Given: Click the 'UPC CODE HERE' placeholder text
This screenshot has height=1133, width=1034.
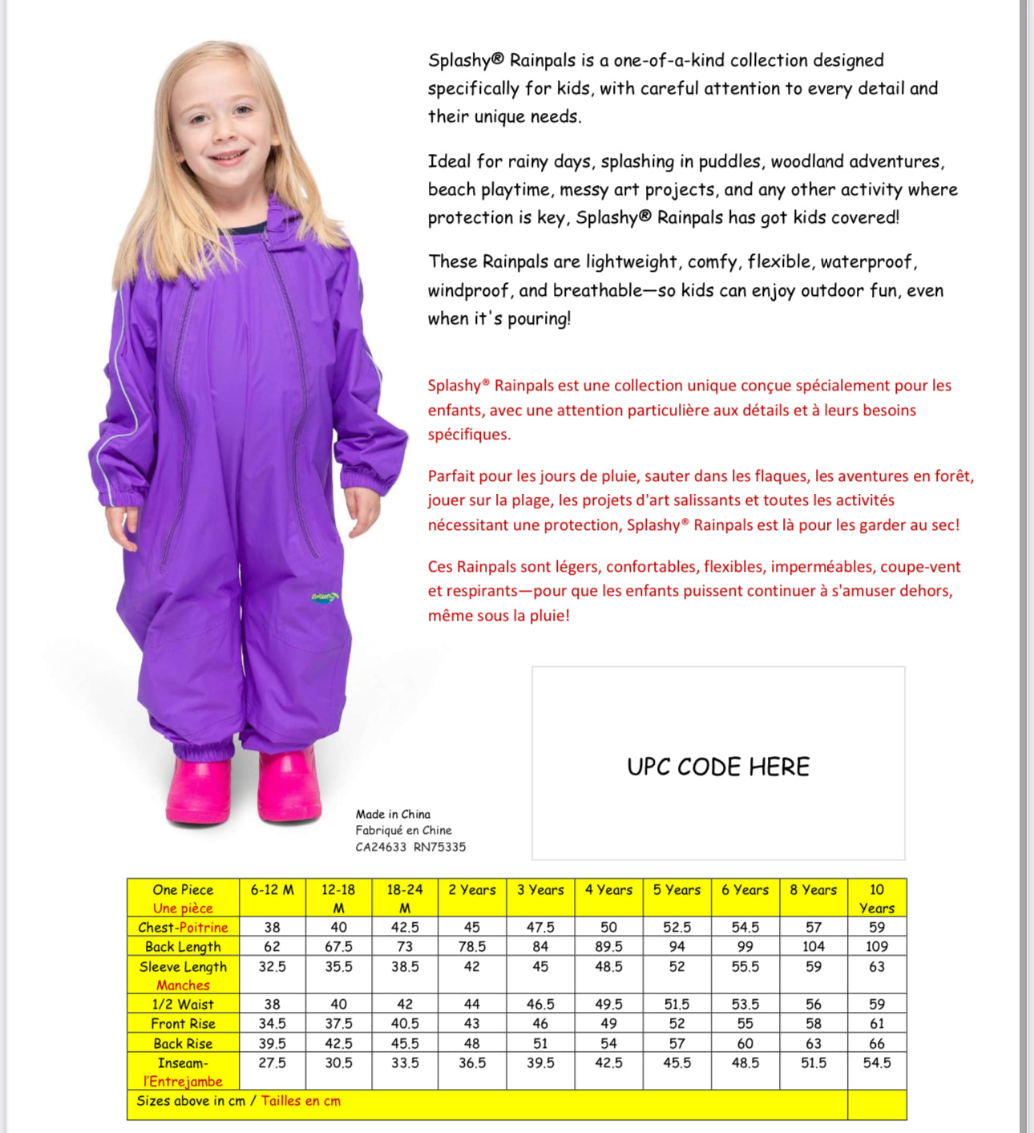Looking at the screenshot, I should pyautogui.click(x=718, y=767).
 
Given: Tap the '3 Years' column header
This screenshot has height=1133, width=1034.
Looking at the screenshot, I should pyautogui.click(x=540, y=890).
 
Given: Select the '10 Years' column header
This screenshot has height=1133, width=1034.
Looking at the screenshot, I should pyautogui.click(x=877, y=899).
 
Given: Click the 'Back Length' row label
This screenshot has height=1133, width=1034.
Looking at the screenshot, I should pyautogui.click(x=183, y=947).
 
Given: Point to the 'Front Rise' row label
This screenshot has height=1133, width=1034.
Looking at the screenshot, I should pyautogui.click(x=183, y=1024).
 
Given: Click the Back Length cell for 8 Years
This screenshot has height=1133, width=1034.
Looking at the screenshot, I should pyautogui.click(x=814, y=947).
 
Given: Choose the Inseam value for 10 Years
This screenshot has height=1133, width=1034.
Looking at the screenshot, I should pyautogui.click(x=877, y=1063).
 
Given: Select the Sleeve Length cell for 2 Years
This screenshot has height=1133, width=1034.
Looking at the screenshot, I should pyautogui.click(x=472, y=967).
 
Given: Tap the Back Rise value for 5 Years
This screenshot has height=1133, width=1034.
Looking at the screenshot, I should pyautogui.click(x=677, y=1044).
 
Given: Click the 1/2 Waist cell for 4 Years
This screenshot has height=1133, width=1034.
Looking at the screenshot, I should pyautogui.click(x=609, y=1005).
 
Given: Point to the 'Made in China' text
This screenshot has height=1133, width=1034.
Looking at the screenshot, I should pyautogui.click(x=393, y=815).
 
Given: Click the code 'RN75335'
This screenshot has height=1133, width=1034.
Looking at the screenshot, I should pyautogui.click(x=439, y=848).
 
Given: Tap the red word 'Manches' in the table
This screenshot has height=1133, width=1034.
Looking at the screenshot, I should pyautogui.click(x=183, y=985).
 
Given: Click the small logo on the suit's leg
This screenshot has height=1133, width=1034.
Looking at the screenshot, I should pyautogui.click(x=325, y=597).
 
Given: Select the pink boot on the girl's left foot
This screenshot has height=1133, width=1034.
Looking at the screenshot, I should pyautogui.click(x=289, y=786).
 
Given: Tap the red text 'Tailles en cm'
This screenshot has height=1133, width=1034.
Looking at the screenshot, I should pyautogui.click(x=301, y=1101).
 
